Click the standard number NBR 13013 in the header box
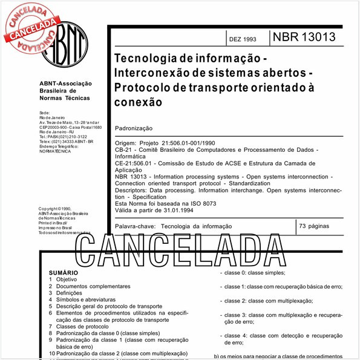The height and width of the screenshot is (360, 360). tap(303, 37)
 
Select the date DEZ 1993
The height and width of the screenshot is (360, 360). tap(242, 39)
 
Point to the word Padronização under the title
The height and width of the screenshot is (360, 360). tap(134, 129)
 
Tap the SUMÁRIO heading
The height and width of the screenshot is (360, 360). tap(64, 273)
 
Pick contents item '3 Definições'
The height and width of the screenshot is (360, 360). tap(66, 293)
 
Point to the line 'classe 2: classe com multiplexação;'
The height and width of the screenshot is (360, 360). tap(268, 301)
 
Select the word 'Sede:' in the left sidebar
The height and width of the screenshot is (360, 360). tap(44, 114)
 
